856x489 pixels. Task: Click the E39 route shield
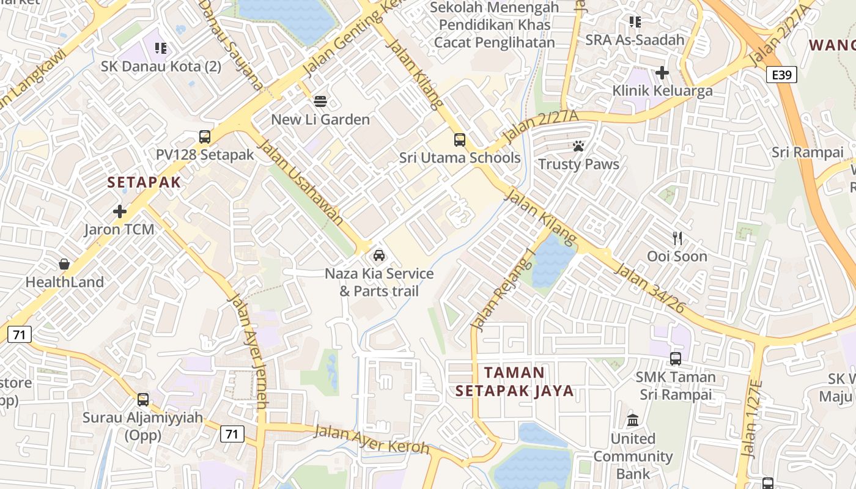(x=781, y=75)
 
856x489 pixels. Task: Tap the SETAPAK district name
(x=144, y=182)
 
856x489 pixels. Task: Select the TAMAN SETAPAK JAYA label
(x=514, y=381)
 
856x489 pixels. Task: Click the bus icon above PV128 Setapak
(x=205, y=137)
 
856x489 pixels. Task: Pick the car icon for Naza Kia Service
(x=379, y=256)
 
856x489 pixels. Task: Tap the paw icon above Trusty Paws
(x=578, y=146)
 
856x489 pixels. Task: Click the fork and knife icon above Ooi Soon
(x=677, y=238)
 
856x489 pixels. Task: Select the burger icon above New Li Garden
(x=320, y=101)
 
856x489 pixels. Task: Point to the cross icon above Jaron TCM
(x=120, y=211)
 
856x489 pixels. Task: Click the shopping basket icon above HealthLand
(x=64, y=264)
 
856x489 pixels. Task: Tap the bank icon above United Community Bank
(x=633, y=421)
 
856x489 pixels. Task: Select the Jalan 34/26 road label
(x=649, y=289)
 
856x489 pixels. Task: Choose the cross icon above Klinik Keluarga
(x=662, y=73)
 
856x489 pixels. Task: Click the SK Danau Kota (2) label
(x=161, y=66)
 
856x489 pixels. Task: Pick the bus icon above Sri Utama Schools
(x=460, y=140)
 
